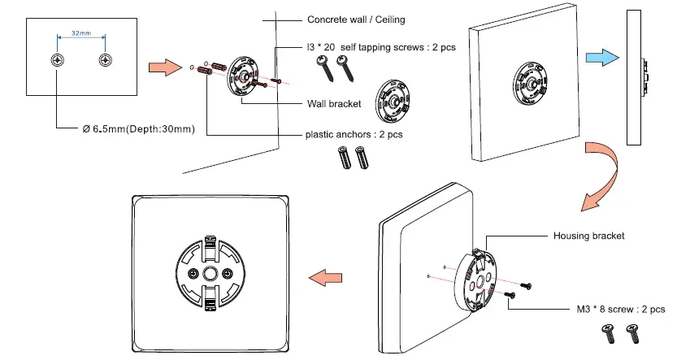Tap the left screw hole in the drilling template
click(x=57, y=61)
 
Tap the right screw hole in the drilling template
click(x=105, y=61)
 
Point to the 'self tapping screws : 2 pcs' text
click(x=381, y=47)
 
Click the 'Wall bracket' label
click(x=333, y=103)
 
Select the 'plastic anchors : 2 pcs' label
click(x=354, y=134)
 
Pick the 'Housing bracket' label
click(x=589, y=236)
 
